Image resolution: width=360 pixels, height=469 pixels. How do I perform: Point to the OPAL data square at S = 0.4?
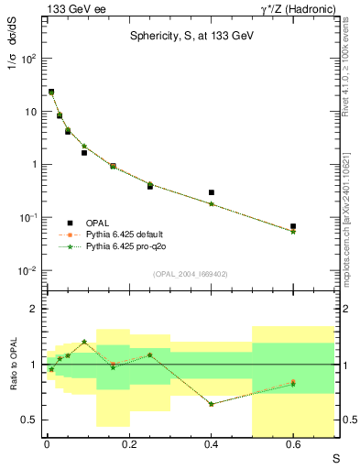[x=212, y=192]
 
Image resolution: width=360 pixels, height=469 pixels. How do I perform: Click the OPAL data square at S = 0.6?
[x=293, y=225]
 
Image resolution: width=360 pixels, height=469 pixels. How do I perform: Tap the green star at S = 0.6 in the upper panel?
[x=293, y=232]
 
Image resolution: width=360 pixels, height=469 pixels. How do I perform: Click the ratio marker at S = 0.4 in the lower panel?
[x=212, y=404]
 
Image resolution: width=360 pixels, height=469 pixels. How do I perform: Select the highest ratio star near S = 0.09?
[x=84, y=342]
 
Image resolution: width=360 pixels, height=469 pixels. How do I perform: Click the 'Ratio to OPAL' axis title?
[x=11, y=365]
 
